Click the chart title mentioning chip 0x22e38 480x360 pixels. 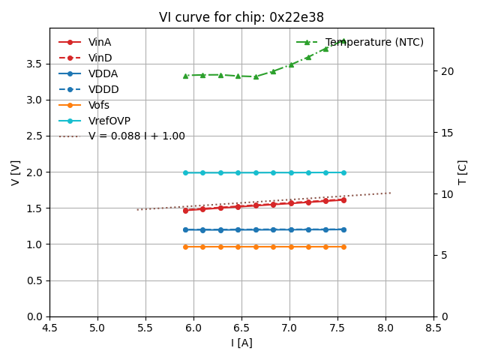(x=241, y=17)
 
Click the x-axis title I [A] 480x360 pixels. (x=241, y=343)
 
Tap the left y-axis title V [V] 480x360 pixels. (x=16, y=172)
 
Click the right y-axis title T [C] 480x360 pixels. (x=463, y=172)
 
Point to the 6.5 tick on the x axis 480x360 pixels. (x=241, y=328)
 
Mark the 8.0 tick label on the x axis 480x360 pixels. (x=385, y=328)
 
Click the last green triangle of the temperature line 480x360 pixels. (x=343, y=40)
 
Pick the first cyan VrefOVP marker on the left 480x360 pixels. (x=185, y=172)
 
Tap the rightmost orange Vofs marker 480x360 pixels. (x=343, y=247)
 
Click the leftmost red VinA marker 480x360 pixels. (x=185, y=210)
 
